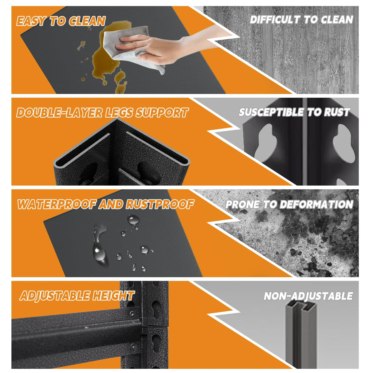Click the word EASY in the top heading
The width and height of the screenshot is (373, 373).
pos(31,21)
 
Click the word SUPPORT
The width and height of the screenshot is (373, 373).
pos(162,113)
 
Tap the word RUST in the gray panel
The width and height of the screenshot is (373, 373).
pos(337,112)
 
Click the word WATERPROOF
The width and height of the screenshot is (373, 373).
pos(57,204)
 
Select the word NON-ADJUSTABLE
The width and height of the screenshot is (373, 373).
pos(308,296)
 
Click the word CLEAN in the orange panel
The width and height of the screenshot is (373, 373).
pos(87,21)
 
